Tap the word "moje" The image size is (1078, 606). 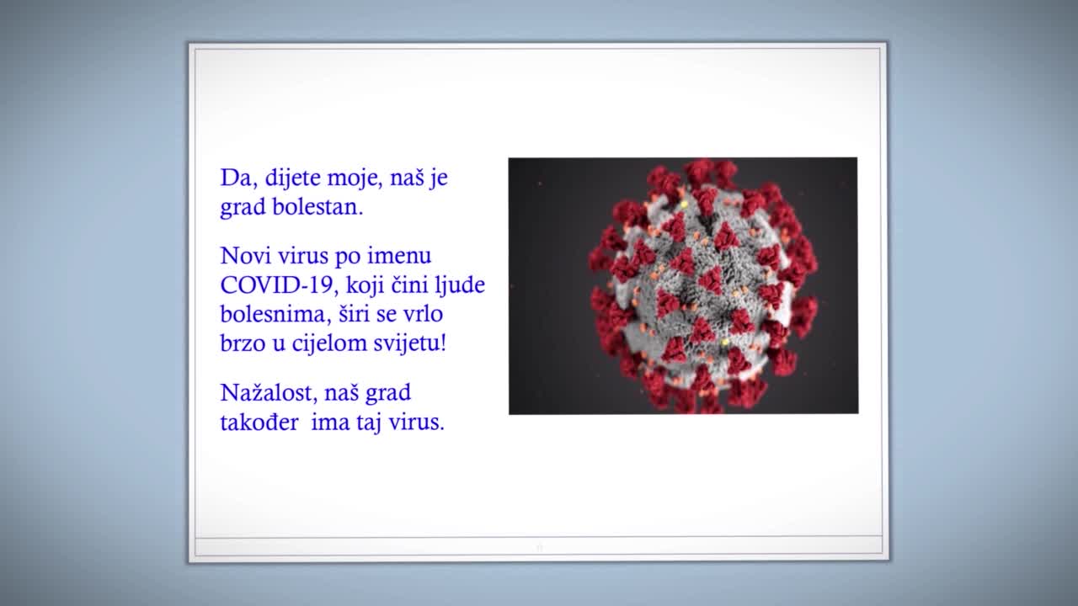point(355,179)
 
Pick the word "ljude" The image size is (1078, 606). point(461,286)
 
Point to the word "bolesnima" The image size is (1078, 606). point(269,315)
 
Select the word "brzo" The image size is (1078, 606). point(242,344)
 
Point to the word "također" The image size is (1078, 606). point(259,423)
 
